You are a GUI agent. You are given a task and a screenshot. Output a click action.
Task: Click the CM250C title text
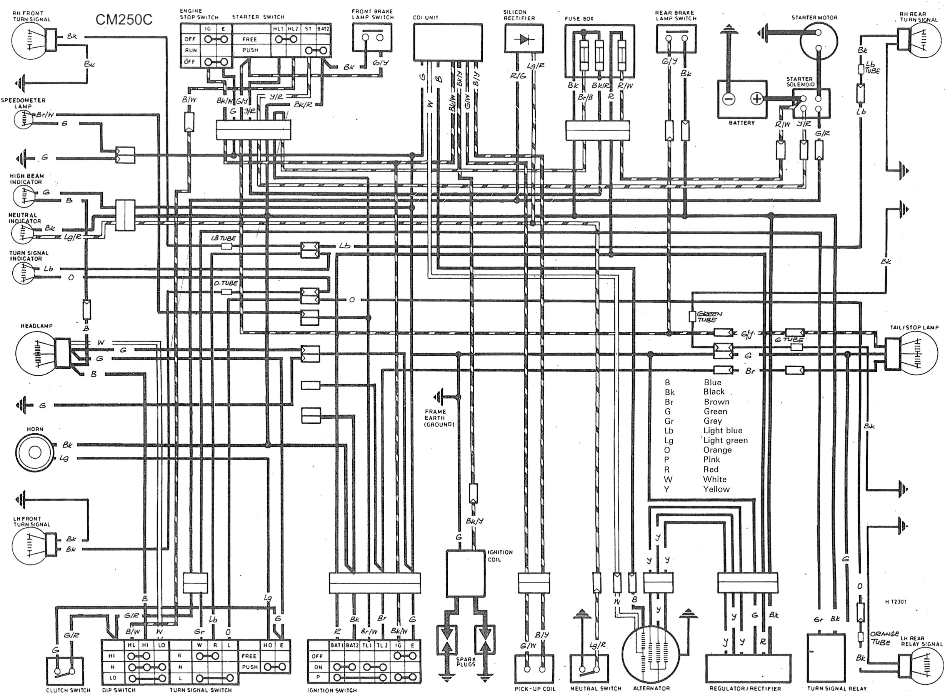(123, 20)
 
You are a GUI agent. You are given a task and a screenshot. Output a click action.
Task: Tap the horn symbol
(34, 452)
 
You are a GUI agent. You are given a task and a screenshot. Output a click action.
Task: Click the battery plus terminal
(757, 99)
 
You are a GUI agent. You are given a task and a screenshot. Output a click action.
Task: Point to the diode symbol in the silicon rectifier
(524, 39)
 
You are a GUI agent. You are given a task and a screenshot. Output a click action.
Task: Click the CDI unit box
(448, 42)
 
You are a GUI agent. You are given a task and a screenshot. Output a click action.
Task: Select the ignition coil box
(465, 574)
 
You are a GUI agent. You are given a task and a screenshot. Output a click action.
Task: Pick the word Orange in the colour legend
(717, 450)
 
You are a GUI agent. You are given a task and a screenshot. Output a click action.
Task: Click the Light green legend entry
(725, 440)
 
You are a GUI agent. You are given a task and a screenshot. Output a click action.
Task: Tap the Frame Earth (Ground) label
(438, 418)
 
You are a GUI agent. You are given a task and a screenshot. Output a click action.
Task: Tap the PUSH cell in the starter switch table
(250, 50)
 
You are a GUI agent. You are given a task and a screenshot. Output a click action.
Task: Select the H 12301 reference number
(895, 602)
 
